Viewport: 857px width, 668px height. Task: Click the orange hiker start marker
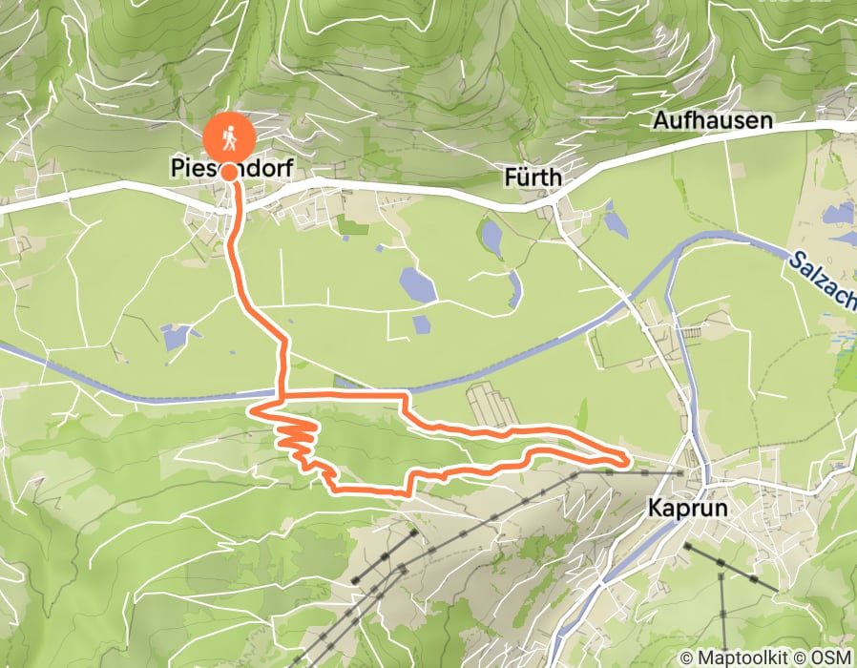pyautogui.click(x=229, y=136)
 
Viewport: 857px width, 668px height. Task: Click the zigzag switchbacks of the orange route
pyautogui.click(x=295, y=440)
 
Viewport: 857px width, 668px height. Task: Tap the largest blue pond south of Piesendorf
pyautogui.click(x=416, y=283)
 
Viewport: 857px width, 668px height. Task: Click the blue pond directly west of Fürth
pyautogui.click(x=492, y=238)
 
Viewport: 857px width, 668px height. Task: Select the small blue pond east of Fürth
pyautogui.click(x=616, y=224)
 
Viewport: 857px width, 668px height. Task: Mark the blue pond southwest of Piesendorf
pyautogui.click(x=176, y=336)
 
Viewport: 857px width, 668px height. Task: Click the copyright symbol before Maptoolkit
pyautogui.click(x=687, y=658)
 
